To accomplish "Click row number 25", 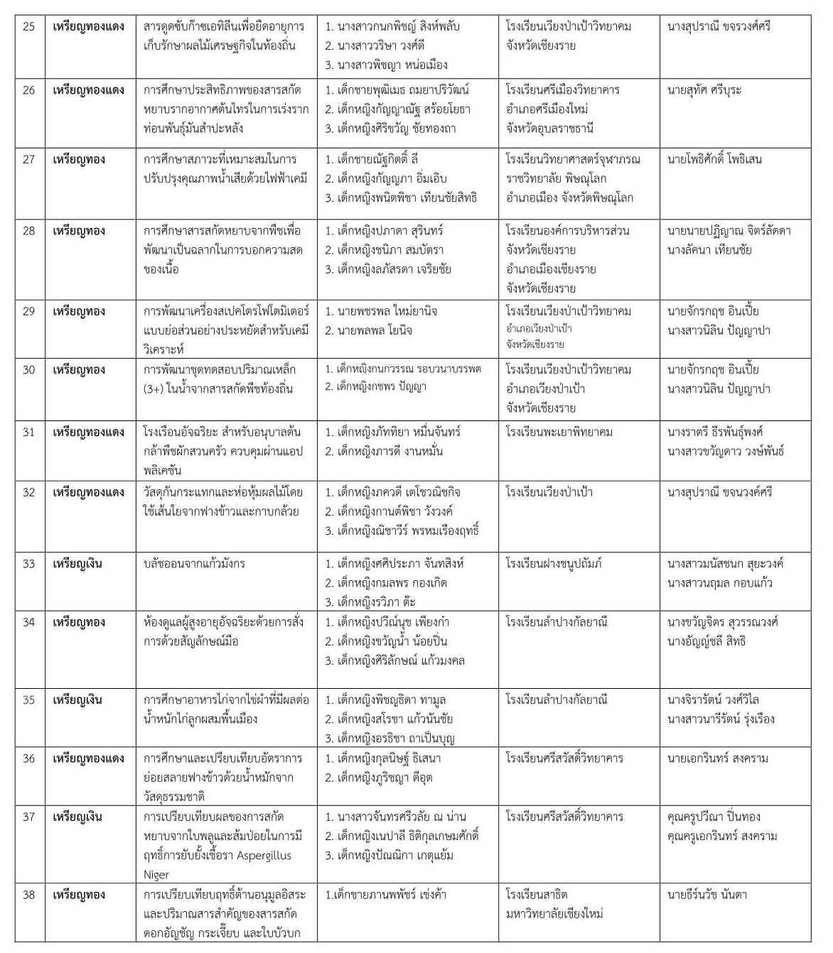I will point(28,26).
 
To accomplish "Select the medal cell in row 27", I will point(79,159).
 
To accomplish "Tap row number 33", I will point(28,564).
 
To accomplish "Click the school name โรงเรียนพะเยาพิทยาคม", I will point(559,432).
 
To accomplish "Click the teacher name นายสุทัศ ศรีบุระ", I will point(704,90).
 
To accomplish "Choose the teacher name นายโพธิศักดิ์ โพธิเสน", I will point(714,159).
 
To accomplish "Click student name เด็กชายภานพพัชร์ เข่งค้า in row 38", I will point(385,895).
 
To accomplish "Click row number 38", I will point(28,895).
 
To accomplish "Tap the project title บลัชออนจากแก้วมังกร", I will point(194,564).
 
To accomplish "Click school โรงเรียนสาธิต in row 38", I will point(536,895).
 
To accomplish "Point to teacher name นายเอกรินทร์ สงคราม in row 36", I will point(717,758).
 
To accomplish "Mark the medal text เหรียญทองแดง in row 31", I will point(88,432).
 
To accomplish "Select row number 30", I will point(28,370).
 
